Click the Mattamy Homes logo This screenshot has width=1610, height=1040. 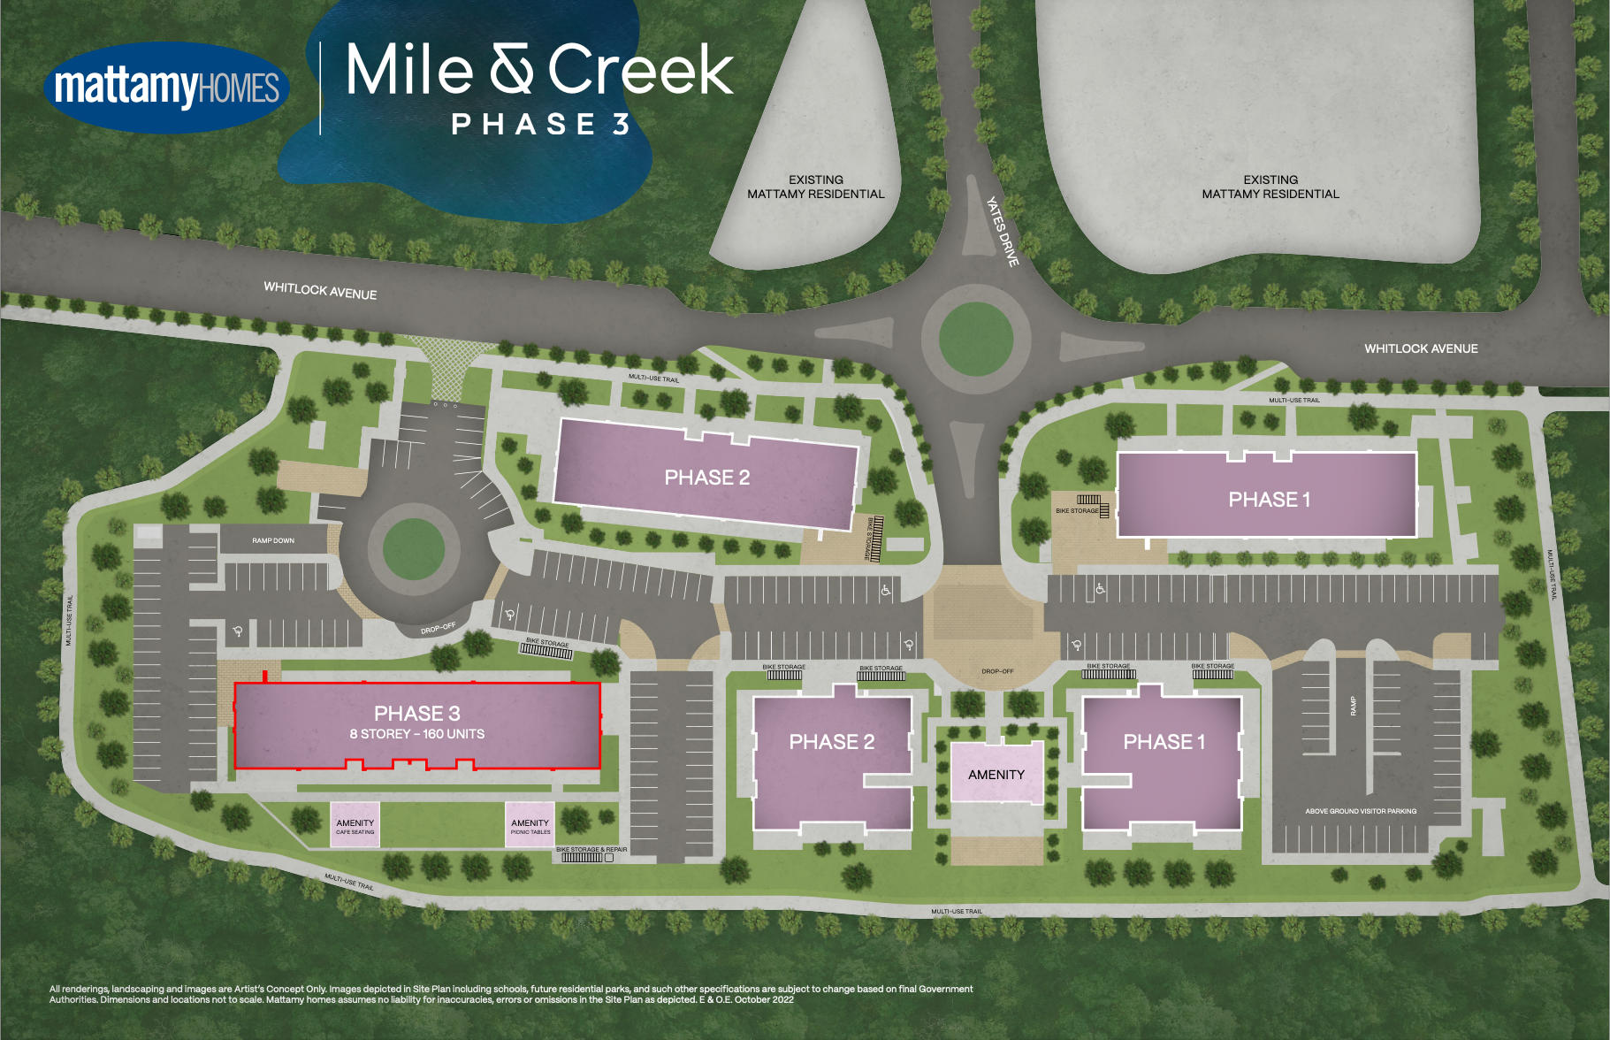point(166,88)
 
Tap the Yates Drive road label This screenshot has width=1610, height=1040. point(1003,231)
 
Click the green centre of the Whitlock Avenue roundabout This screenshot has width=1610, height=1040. point(975,339)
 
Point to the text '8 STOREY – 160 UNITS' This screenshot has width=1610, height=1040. point(416,734)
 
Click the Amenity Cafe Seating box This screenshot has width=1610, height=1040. point(355,825)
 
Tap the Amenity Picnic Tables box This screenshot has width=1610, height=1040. point(530,825)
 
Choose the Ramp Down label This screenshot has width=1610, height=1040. point(273,540)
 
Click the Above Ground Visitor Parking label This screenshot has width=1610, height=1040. point(1361,811)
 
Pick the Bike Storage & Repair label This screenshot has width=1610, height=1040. point(591,849)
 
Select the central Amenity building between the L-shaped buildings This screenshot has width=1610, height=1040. point(996,774)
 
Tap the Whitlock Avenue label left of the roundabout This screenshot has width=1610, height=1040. point(320,291)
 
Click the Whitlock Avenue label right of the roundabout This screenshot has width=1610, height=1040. point(1421,348)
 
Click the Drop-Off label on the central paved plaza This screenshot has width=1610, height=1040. point(997,671)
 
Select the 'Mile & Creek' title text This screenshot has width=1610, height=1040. point(539,71)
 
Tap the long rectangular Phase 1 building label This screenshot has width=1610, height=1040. point(1269,500)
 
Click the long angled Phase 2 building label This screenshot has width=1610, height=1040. point(706,478)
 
